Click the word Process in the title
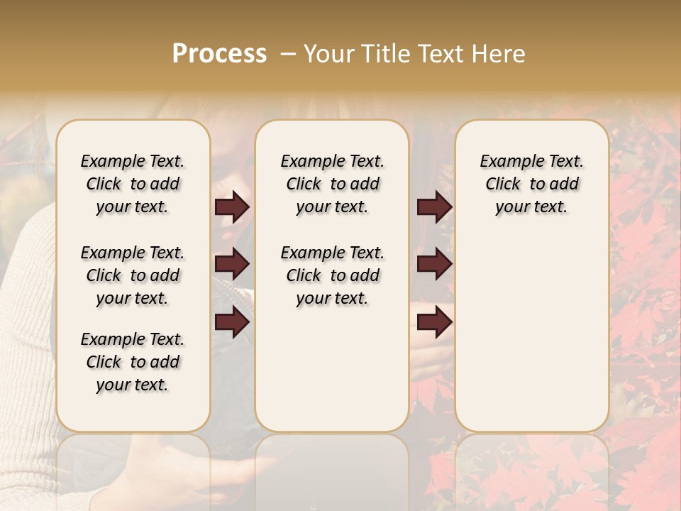tap(219, 54)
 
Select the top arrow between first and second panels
tap(232, 207)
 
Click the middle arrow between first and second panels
tap(232, 265)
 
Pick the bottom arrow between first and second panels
tap(232, 323)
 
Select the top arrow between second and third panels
tap(434, 207)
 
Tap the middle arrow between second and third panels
tap(434, 265)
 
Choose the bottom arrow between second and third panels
tap(434, 323)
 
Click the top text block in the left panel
tap(133, 184)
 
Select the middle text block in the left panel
tap(133, 275)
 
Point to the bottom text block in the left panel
tap(133, 362)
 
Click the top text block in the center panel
tap(332, 184)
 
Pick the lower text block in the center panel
tap(332, 275)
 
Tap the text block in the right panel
tap(531, 184)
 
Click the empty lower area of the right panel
tap(531, 334)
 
